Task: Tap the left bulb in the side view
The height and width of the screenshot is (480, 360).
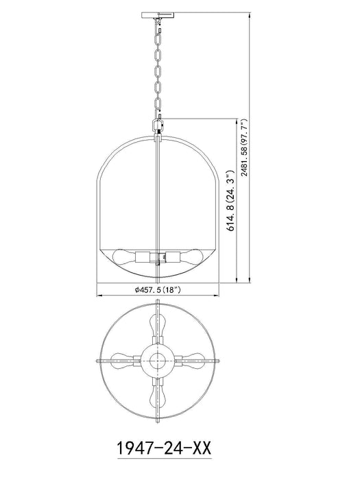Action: (x=126, y=259)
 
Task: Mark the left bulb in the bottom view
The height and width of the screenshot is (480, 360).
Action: (x=125, y=359)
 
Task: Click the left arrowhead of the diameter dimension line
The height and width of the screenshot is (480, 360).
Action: (x=97, y=296)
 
